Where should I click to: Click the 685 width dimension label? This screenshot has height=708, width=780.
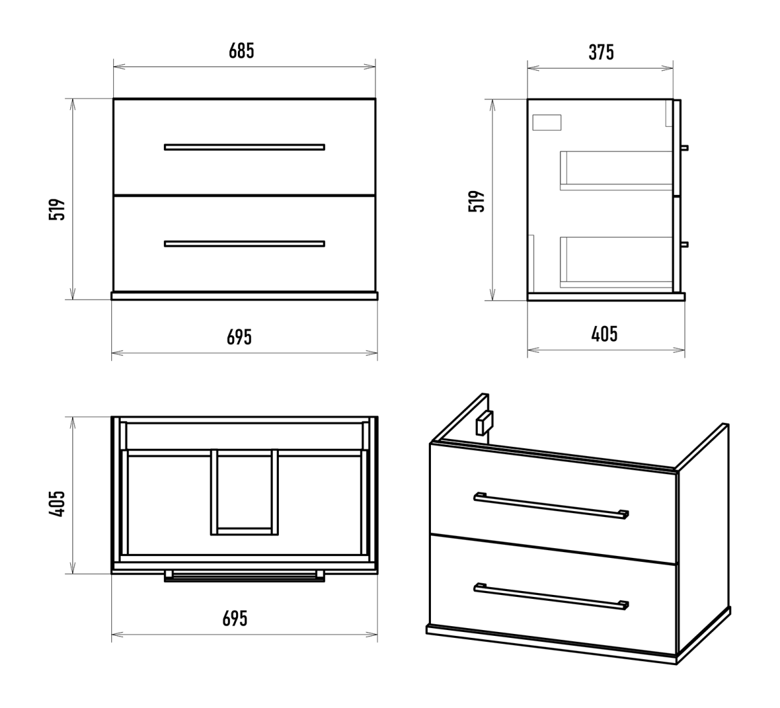(241, 51)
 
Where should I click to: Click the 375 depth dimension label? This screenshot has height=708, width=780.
(601, 53)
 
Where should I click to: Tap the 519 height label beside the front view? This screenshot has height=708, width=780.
(57, 209)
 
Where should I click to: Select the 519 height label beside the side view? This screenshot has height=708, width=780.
(476, 201)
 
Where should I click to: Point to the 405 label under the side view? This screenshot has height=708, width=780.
(604, 334)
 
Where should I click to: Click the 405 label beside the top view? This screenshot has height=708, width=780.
(57, 503)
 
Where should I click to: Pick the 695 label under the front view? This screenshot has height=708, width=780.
(239, 337)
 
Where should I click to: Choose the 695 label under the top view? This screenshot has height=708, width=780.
(235, 618)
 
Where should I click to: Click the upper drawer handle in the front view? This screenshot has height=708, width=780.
(244, 147)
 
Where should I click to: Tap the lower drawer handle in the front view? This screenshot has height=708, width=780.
(244, 244)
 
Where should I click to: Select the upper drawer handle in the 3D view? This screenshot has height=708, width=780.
(551, 505)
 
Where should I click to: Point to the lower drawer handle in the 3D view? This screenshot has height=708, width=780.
(551, 596)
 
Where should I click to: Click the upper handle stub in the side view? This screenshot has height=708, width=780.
(684, 147)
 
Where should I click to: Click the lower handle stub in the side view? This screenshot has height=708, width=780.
(684, 244)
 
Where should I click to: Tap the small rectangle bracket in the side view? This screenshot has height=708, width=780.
(547, 122)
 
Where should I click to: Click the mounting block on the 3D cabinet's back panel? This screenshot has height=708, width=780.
(484, 423)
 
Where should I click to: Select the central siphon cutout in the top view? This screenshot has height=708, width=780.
(244, 492)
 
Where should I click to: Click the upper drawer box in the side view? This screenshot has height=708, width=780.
(616, 171)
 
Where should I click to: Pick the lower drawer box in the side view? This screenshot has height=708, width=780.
(616, 262)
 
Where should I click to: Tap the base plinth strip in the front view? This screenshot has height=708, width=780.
(244, 296)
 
